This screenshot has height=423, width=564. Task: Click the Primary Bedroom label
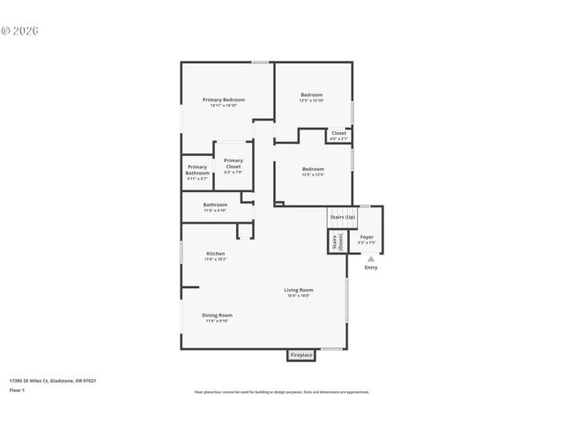(x=223, y=100)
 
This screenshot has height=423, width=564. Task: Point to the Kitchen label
(x=216, y=254)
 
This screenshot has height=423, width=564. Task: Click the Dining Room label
(x=217, y=315)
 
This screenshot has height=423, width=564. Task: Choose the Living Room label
(x=298, y=290)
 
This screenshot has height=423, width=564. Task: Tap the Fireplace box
(x=301, y=355)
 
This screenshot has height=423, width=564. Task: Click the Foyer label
(x=367, y=236)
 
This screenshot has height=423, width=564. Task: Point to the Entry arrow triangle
(x=371, y=259)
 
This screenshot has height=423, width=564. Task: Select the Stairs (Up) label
(x=342, y=217)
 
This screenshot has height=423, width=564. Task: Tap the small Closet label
(x=338, y=133)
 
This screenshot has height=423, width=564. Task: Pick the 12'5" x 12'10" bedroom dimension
(x=312, y=101)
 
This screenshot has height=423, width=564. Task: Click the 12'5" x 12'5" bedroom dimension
(x=313, y=174)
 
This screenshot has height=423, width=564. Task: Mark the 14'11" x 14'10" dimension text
(x=223, y=106)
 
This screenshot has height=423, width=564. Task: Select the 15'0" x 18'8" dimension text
(x=298, y=296)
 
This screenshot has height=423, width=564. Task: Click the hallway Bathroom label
(x=215, y=204)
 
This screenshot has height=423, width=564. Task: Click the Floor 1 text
(x=18, y=389)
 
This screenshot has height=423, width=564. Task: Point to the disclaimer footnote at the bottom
(x=282, y=392)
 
